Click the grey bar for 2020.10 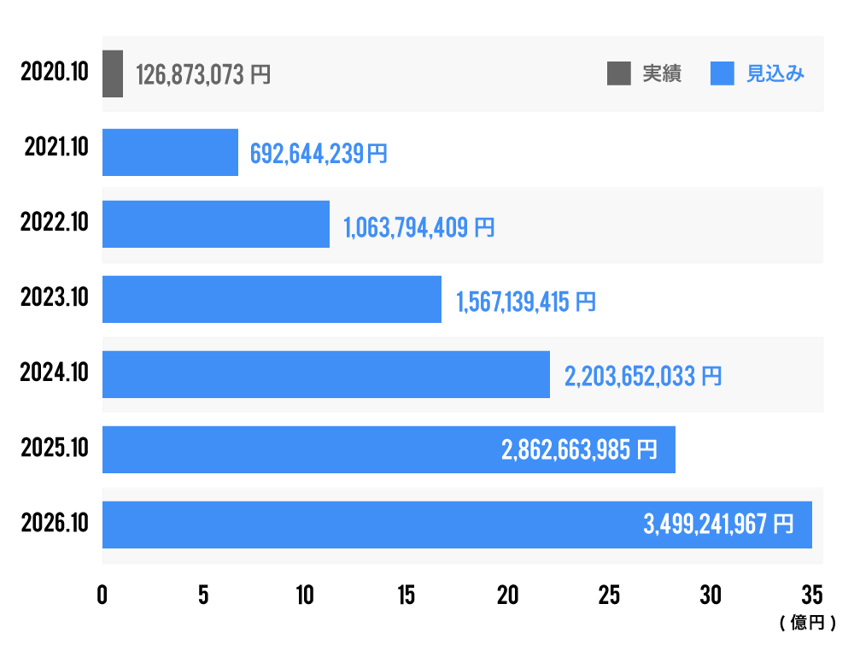pos(113,73)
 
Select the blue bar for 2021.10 pos(170,152)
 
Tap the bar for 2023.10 pos(272,299)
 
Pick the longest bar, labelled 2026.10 pos(457,525)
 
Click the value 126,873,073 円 pos(203,75)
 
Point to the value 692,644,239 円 pos(319,153)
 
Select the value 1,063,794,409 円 pos(418,228)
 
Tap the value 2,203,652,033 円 pos(642,375)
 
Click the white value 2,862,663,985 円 pos(579,450)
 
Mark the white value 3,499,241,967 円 pos(717,524)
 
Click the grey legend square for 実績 pos(618,74)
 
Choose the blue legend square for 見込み pos(722,74)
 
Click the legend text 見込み pos(775,74)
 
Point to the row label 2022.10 pos(55,223)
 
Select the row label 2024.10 pos(55,373)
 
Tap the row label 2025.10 pos(55,449)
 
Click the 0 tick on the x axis pos(102,596)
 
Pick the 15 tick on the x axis pos(407,596)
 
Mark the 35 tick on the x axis pos(811,596)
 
